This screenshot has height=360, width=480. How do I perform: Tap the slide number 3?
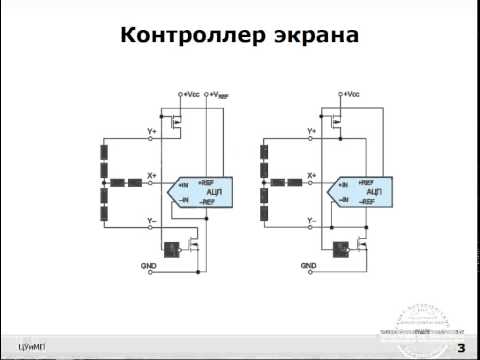tap(461, 347)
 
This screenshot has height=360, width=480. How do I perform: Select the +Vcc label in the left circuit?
tap(190, 93)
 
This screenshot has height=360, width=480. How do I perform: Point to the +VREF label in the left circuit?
tap(220, 93)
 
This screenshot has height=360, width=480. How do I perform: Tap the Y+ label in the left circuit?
tap(152, 130)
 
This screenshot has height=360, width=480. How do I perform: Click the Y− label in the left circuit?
tap(152, 219)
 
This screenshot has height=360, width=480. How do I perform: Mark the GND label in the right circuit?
tap(309, 266)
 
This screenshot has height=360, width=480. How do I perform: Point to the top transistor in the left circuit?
tap(178, 126)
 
